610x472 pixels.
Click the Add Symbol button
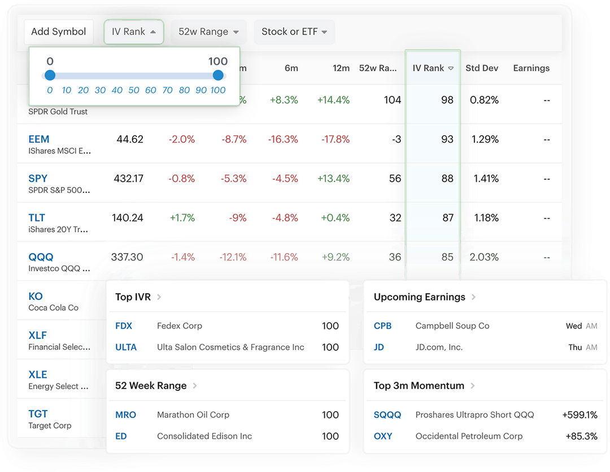point(58,32)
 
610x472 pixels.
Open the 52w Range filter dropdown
point(208,32)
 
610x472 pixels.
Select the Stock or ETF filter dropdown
point(294,32)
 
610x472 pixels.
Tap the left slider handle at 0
point(50,75)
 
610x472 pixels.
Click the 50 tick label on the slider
point(134,90)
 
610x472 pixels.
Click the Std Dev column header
point(482,68)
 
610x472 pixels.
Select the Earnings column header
point(531,68)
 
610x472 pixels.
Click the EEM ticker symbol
point(39,139)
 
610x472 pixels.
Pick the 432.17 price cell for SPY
point(128,179)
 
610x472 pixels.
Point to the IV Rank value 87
point(447,218)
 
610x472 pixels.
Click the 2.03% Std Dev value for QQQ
point(484,257)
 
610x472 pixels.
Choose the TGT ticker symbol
point(38,414)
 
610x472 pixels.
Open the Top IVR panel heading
point(133,297)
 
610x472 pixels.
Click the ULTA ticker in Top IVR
point(126,347)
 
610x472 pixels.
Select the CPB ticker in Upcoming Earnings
point(382,326)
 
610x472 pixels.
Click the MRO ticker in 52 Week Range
point(125,415)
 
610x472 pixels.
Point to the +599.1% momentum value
point(579,415)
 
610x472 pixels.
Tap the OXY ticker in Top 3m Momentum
point(383,436)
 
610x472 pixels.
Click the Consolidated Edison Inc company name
point(204,436)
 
